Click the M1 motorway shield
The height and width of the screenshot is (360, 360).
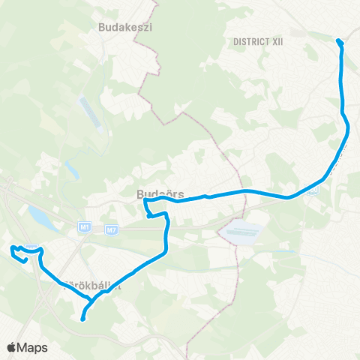coord(84,226)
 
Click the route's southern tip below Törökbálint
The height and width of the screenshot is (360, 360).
coord(82,319)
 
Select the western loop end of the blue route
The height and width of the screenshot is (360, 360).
coord(12,249)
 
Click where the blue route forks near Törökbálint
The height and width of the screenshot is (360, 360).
coord(91,300)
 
